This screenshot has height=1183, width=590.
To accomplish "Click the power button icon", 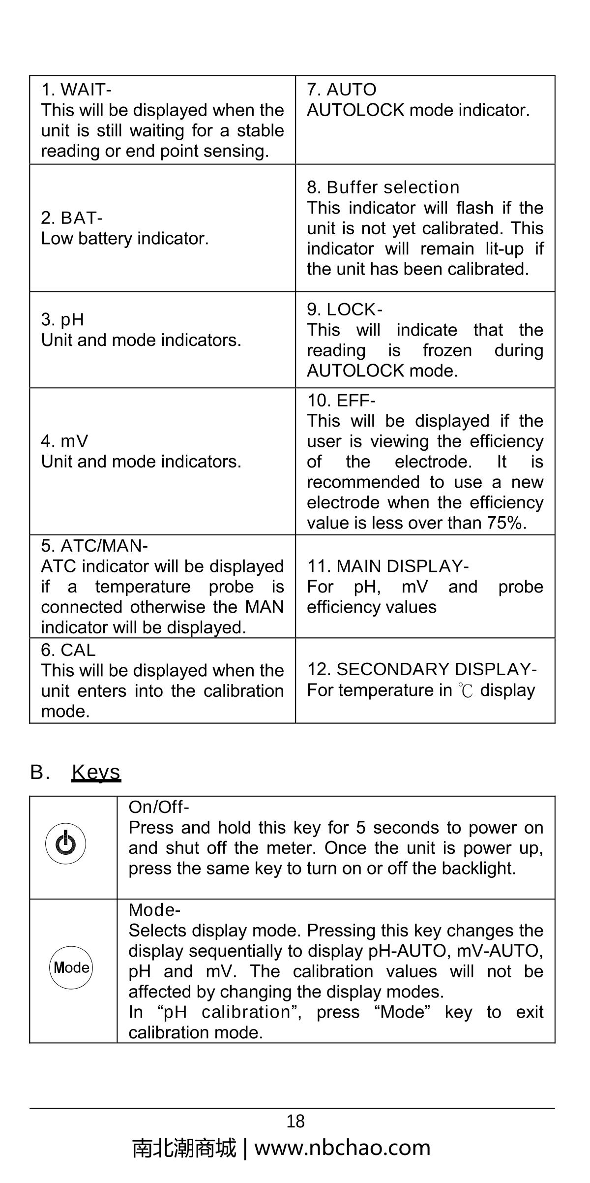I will point(65,843).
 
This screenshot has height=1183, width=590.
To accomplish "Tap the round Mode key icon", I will point(71,967).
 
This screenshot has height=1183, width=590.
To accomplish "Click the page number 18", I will point(295,1121).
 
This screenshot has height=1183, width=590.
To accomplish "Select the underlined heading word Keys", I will point(96,772).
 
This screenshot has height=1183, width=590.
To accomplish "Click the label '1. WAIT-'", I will point(76,90).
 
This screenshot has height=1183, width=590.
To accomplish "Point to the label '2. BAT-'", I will point(72,218).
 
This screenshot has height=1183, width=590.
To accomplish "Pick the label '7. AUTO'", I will point(342,90).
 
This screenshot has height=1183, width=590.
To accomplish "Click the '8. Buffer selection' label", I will point(383,187).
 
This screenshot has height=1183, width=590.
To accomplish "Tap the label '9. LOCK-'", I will point(345,309).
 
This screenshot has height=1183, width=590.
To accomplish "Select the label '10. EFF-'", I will point(341,400).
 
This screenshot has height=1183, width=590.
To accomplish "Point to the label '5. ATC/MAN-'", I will point(94,546).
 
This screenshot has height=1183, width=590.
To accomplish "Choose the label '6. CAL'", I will point(68,650).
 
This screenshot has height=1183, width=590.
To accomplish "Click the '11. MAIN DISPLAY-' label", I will point(388,566).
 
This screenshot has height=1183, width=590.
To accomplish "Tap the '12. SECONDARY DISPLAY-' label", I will point(422,669).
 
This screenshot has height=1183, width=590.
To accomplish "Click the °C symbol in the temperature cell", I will point(466,690).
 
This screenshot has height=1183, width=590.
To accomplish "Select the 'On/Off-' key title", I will point(159,807).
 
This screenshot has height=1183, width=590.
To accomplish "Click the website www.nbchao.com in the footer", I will point(342,1148).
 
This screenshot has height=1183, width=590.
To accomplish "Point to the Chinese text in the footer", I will point(184,1148).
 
